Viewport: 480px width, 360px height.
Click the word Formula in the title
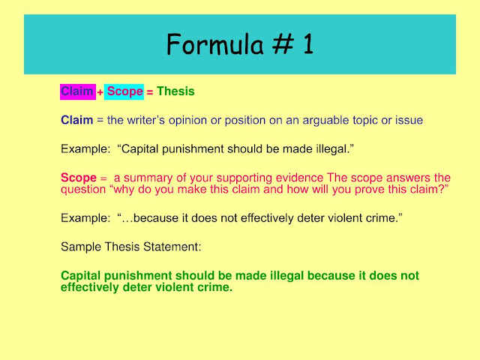coord(215,44)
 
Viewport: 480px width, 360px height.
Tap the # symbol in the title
coord(283,44)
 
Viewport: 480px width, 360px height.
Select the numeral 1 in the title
coord(308,44)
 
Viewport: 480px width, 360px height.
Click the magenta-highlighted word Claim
coord(77,91)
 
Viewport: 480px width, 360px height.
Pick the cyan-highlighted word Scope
coord(125,91)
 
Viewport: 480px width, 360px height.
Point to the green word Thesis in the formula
coord(175,91)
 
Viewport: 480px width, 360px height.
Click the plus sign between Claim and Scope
coord(100,92)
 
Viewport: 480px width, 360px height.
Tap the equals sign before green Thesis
coord(150,92)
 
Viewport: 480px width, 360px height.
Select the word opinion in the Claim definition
coord(187,120)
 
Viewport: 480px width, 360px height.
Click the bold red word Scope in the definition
coord(79,178)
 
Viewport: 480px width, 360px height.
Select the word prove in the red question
coord(370,190)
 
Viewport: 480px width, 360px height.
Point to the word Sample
coord(81,247)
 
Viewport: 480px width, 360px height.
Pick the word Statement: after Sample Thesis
coord(172,247)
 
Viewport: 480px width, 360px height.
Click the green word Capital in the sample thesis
coord(81,275)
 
